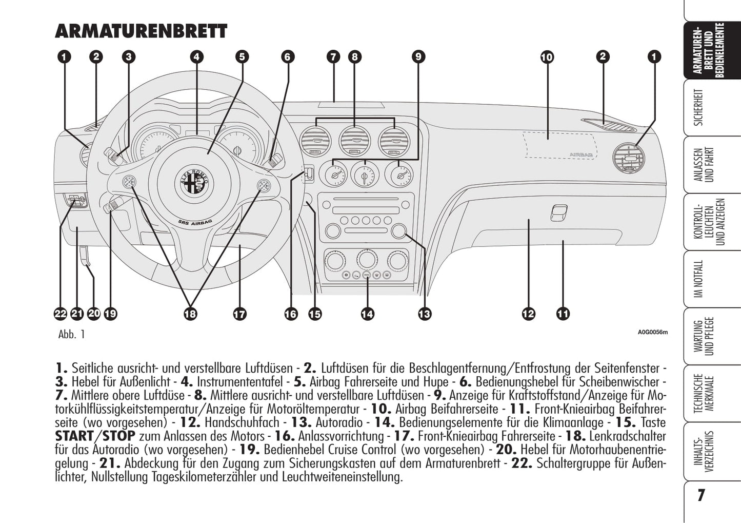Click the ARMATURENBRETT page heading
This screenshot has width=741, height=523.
pyautogui.click(x=141, y=31)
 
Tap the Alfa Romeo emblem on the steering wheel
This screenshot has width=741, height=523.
pyautogui.click(x=195, y=182)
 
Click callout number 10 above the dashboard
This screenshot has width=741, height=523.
pyautogui.click(x=547, y=57)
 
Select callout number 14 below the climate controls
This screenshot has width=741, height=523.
pyautogui.click(x=367, y=314)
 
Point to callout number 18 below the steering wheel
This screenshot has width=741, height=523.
pyautogui.click(x=190, y=314)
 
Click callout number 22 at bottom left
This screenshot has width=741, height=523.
pyautogui.click(x=61, y=314)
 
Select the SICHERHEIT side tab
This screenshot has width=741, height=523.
pyautogui.click(x=699, y=108)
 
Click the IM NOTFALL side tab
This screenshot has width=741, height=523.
pyautogui.click(x=699, y=278)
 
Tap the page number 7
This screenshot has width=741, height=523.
pyautogui.click(x=701, y=495)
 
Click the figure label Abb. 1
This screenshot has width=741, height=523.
pyautogui.click(x=72, y=335)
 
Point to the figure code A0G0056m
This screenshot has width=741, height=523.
pyautogui.click(x=653, y=332)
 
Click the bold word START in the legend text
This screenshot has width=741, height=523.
pyautogui.click(x=73, y=436)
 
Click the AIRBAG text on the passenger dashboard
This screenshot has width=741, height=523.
pyautogui.click(x=581, y=154)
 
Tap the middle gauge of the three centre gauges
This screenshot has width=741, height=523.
pyautogui.click(x=365, y=175)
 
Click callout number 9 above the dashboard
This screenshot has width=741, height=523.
pyautogui.click(x=418, y=57)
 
